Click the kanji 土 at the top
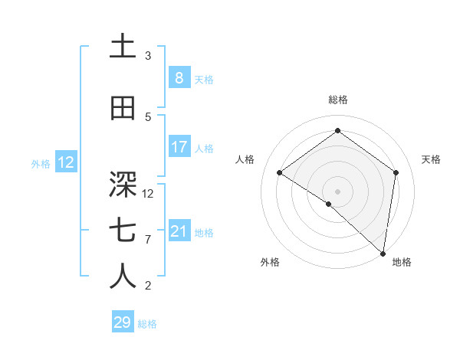point(123,47)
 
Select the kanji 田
point(123,109)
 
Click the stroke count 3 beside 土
point(148,56)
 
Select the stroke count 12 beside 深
point(149,194)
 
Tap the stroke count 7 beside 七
point(148,240)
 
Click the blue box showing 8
point(179,77)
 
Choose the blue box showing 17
point(179,147)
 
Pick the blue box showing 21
point(179,231)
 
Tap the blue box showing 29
point(122,322)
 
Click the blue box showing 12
point(65,162)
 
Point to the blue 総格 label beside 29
point(147,324)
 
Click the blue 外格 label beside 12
point(41,163)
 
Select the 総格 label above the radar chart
point(337,100)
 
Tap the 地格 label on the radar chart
point(402,262)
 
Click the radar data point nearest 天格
point(396,172)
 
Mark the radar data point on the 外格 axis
point(329,204)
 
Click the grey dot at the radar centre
point(337,191)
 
